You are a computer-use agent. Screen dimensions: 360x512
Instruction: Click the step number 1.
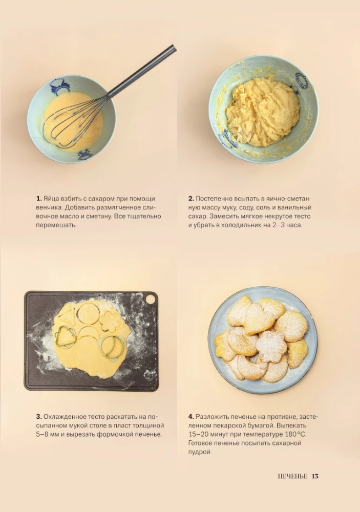[38, 199]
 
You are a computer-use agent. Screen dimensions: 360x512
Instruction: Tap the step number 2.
[191, 199]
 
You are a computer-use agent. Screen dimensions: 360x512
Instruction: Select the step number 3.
[39, 417]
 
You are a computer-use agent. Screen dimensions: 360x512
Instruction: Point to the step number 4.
[191, 417]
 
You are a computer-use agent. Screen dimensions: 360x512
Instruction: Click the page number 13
[315, 476]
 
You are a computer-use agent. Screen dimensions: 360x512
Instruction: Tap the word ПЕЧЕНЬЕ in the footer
[292, 476]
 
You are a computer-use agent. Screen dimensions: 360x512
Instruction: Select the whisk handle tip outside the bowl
[175, 48]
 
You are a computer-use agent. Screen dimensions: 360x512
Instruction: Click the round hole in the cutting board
[150, 298]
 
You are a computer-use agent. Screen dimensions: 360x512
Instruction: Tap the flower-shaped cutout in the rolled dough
[110, 322]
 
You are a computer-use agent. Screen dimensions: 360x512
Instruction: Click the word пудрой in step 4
[200, 452]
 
